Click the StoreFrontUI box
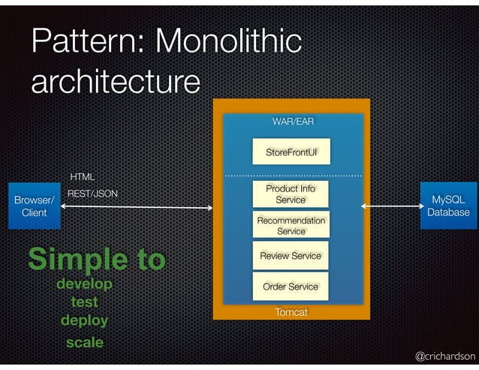291,152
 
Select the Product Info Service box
291,194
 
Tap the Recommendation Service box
291,226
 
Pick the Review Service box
291,256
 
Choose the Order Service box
291,287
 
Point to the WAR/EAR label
293,121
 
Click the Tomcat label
291,311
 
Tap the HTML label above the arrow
82,177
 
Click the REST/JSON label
93,194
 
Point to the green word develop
84,284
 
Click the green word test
84,302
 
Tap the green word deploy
84,320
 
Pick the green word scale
84,342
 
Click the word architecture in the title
116,81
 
